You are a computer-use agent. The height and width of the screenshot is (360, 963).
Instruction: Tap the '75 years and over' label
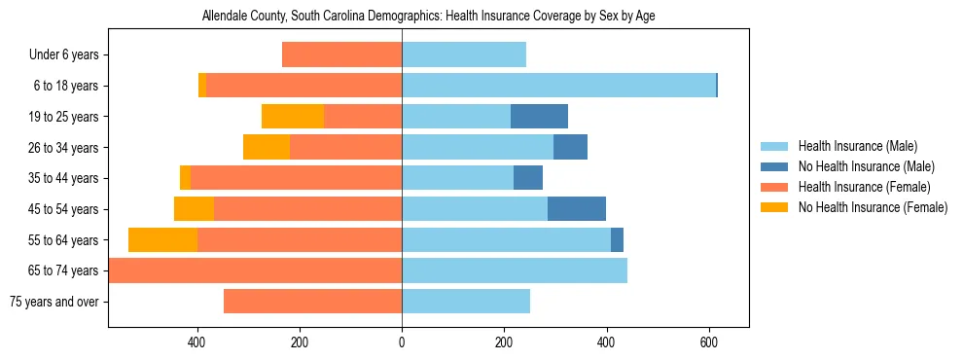[x=53, y=302]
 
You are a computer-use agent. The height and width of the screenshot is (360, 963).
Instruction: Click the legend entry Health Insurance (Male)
[x=857, y=146]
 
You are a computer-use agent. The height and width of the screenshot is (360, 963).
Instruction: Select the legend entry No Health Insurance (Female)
[x=873, y=207]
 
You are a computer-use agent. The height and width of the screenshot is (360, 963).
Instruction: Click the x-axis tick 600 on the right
[x=708, y=342]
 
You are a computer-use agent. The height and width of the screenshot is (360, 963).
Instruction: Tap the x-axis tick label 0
[x=402, y=342]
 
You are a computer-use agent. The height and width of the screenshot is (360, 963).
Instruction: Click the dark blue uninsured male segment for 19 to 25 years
[x=539, y=117]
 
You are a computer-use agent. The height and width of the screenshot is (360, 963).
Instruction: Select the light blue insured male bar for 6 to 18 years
[x=558, y=86]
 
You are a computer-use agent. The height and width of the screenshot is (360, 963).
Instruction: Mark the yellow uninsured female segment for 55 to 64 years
[x=162, y=240]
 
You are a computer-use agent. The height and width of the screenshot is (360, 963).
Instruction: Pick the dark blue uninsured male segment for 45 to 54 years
[x=577, y=209]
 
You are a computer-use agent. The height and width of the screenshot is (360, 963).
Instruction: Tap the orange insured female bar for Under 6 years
[x=341, y=55]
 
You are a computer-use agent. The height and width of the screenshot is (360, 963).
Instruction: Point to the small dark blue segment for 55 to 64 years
[x=617, y=240]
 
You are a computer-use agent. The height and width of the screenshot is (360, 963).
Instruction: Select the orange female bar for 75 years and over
[x=312, y=302]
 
